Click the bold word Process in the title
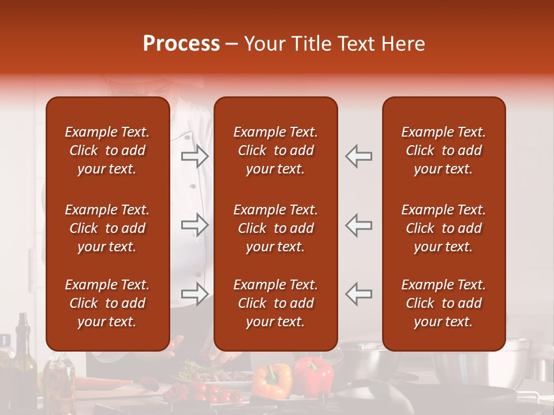(181, 44)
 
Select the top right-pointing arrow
(194, 156)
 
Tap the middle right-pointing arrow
(194, 224)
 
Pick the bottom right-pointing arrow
(194, 293)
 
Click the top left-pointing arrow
(359, 156)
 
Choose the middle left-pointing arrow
(359, 224)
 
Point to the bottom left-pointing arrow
(359, 293)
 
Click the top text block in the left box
(107, 150)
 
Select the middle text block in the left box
(107, 228)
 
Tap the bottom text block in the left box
(107, 303)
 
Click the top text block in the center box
(275, 150)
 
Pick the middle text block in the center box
(275, 228)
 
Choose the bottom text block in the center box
(275, 303)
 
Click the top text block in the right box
(443, 150)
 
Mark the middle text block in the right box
(443, 228)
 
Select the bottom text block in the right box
(443, 303)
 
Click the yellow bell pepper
(272, 380)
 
